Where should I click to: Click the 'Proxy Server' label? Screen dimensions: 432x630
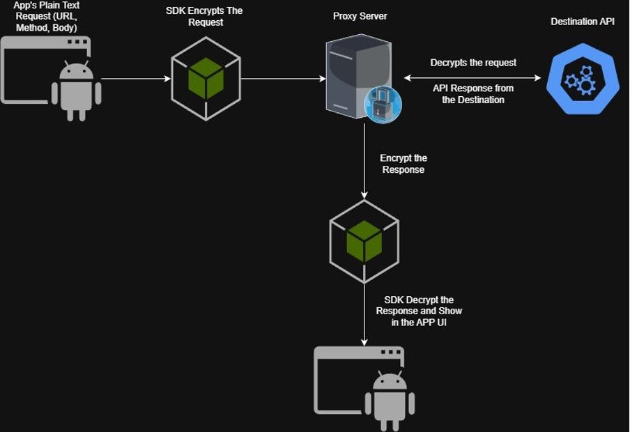point(360,16)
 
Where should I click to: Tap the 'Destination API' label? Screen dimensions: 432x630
point(583,22)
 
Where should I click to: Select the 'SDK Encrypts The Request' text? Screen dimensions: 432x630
point(204,17)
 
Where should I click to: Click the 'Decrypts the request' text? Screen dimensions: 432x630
point(473,63)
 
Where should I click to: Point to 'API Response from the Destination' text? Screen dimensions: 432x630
point(472,94)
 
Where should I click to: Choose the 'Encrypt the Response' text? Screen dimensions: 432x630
point(404,164)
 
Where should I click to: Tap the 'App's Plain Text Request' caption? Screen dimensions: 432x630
point(46,17)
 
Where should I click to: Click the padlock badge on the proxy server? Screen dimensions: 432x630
point(383,105)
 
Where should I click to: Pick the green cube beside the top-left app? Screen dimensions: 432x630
point(206,78)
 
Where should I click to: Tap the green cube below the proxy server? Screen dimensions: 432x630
point(364,240)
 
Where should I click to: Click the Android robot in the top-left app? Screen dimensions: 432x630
point(77,91)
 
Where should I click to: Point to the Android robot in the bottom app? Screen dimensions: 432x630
point(390,401)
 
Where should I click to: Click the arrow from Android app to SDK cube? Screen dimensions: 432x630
point(136,79)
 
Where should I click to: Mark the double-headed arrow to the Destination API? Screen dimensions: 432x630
point(472,78)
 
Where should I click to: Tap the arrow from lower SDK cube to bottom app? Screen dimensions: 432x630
point(364,314)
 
